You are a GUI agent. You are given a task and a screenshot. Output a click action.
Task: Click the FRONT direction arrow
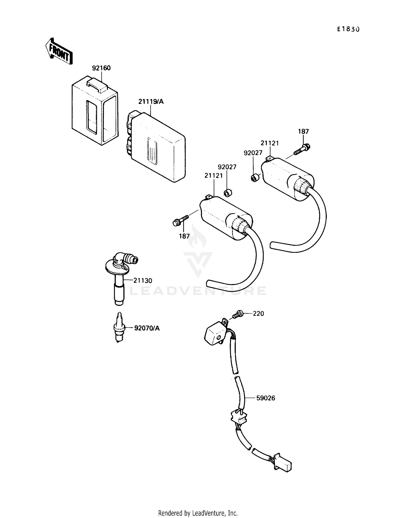(59, 51)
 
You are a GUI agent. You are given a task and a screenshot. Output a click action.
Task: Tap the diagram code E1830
(348, 29)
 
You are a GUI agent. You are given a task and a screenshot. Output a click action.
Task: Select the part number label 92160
(101, 68)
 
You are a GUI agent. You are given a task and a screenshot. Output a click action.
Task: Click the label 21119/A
(151, 102)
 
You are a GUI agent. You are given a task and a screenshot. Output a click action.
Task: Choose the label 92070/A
(147, 328)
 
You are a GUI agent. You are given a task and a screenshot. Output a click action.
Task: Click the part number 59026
(266, 398)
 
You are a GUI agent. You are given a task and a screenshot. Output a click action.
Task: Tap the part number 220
(258, 314)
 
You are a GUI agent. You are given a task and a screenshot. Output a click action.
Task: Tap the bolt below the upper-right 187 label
(301, 149)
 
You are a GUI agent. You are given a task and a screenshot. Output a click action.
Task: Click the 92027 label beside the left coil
(227, 167)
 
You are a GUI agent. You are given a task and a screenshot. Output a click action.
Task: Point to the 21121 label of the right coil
(270, 143)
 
